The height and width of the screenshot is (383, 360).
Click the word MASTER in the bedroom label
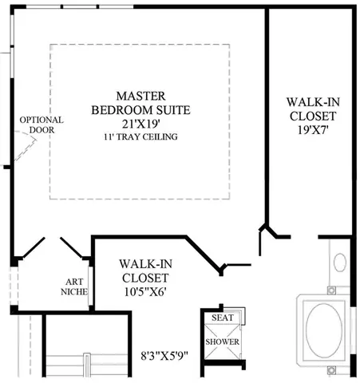pos(141,96)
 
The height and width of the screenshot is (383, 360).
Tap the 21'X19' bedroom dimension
pos(141,124)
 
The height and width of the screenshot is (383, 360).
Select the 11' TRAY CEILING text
pos(140,136)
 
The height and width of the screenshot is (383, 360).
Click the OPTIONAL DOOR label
pos(42,124)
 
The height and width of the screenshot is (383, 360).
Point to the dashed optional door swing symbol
pos(26,146)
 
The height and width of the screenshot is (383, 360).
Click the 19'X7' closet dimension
pos(313,130)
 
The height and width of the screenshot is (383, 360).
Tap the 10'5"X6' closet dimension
pos(145,292)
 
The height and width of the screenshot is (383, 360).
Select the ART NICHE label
pos(74,286)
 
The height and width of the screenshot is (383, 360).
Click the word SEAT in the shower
pos(223,318)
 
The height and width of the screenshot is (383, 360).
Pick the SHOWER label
pos(222,342)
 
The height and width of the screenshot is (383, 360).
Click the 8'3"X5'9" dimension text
pos(164,356)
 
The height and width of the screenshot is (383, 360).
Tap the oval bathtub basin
pos(324,330)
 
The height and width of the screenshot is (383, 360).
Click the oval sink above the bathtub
pos(340,263)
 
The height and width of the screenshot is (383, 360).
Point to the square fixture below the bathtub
pos(331,369)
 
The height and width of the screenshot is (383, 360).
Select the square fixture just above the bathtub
pos(331,290)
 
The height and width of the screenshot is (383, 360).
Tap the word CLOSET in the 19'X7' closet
pos(313,116)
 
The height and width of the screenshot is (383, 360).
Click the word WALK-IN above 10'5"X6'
pos(145,264)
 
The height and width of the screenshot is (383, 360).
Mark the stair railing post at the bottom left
pos(87,365)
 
